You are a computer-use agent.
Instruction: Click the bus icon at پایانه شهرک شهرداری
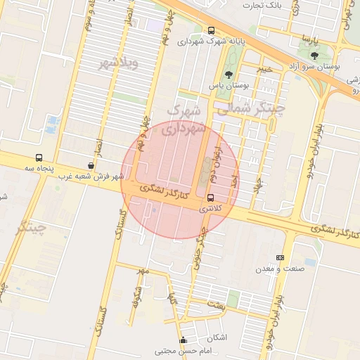(212, 30)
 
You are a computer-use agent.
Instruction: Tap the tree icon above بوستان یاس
(228, 75)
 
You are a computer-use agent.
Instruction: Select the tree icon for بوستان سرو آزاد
(314, 55)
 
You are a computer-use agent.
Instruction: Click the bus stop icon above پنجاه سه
(39, 158)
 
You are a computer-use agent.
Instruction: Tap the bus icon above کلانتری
(210, 198)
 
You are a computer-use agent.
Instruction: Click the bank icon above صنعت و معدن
(280, 258)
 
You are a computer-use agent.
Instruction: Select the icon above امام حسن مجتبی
(184, 340)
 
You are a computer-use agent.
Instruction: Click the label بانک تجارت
(259, 5)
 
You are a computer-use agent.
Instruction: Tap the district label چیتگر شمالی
(249, 109)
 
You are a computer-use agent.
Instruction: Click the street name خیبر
(264, 69)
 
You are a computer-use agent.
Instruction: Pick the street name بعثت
(215, 305)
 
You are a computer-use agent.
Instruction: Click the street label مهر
(143, 271)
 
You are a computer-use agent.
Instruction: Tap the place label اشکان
(217, 337)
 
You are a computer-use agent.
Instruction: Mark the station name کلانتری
(210, 209)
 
